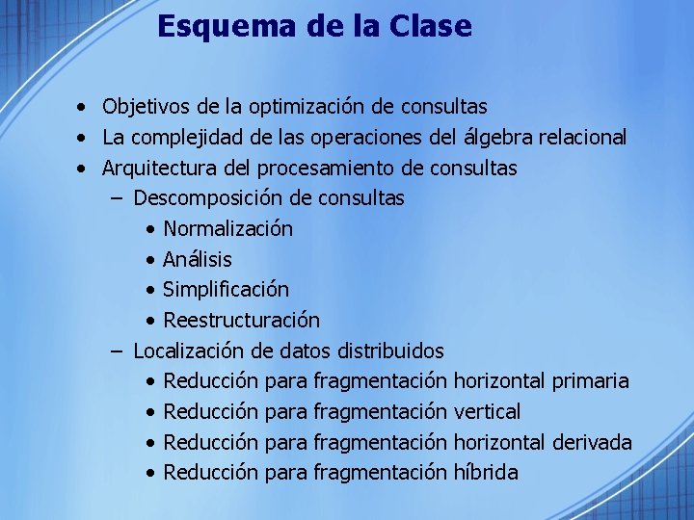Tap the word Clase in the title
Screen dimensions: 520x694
(432, 26)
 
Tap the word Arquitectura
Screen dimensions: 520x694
(159, 169)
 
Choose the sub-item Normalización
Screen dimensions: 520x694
(227, 229)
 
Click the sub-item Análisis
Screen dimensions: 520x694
(198, 260)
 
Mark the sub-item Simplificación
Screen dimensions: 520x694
(226, 290)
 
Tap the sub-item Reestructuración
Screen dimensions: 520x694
(241, 321)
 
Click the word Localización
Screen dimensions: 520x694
(188, 351)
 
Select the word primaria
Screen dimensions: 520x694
(591, 381)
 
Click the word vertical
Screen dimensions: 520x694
(487, 412)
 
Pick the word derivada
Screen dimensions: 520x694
(593, 443)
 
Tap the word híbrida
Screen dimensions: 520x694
(486, 473)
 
